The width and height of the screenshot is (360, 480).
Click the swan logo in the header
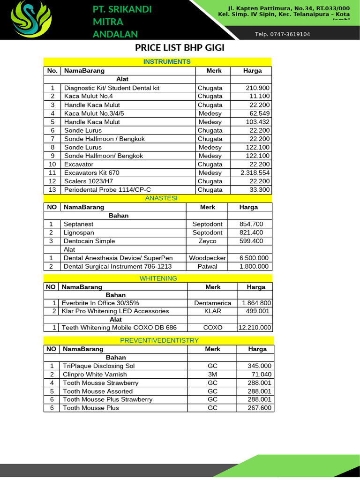pos(31,20)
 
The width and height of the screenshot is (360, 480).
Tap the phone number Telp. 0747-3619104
pos(282,34)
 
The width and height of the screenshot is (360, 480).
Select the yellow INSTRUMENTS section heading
pos(167,61)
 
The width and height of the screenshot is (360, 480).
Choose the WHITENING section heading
pos(158,278)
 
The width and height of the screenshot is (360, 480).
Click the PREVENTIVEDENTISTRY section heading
pos(159,340)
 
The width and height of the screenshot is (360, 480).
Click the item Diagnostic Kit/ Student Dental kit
pos(112,88)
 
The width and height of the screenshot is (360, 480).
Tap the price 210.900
pos(257,88)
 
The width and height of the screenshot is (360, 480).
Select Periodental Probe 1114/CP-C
pos(108,190)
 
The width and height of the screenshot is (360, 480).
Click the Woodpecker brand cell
pos(207,258)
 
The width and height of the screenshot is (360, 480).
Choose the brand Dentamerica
pos(212,303)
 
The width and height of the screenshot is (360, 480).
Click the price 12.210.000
pos(255,328)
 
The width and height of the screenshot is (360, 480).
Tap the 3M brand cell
pos(212,374)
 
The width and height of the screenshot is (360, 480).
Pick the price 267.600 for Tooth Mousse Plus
pos(260,408)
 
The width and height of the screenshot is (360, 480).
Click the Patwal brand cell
pos(207,266)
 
